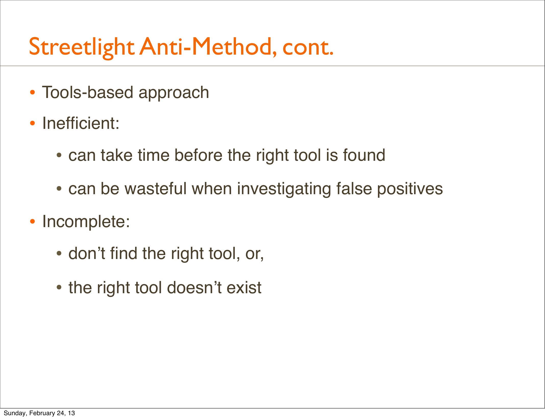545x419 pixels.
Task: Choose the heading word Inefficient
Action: [x=81, y=123]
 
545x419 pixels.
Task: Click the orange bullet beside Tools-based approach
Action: [x=32, y=93]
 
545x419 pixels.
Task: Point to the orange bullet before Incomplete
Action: [x=32, y=221]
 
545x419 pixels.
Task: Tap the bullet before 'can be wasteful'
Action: [x=59, y=189]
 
